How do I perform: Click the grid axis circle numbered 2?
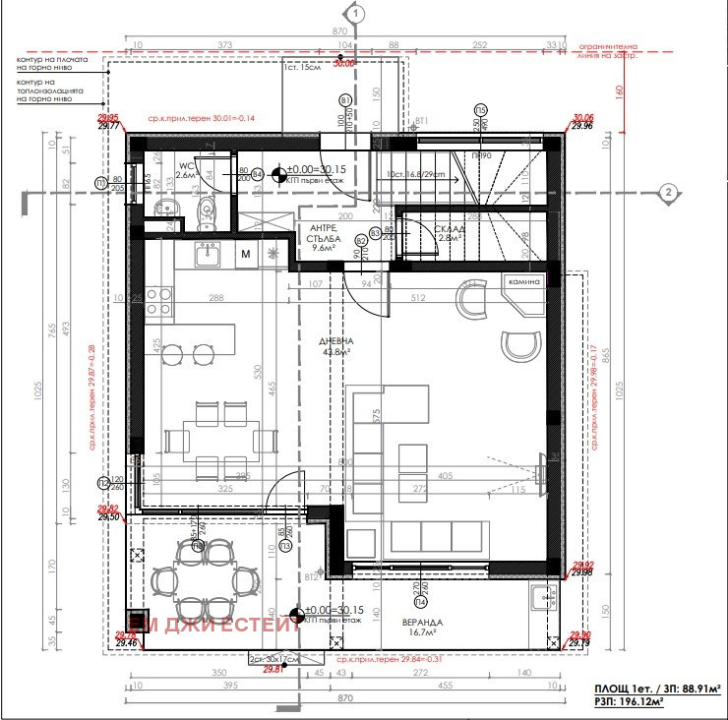[x=667, y=192]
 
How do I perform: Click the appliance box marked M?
[x=246, y=256]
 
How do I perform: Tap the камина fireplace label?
[x=525, y=282]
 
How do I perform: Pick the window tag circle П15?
[x=480, y=109]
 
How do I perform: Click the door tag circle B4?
[x=258, y=174]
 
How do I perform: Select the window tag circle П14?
[x=420, y=601]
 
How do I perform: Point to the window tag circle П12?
[x=103, y=483]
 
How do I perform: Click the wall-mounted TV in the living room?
[x=540, y=462]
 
